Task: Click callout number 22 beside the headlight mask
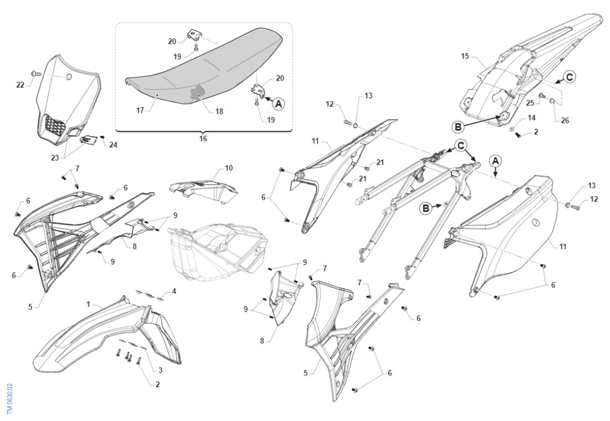(21, 84)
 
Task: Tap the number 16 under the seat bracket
(203, 138)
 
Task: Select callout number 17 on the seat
(140, 111)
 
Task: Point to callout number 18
(219, 112)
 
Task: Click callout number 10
(228, 167)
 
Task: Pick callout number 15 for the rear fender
(465, 56)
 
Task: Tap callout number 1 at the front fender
(88, 304)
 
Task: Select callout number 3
(160, 370)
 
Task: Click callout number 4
(174, 290)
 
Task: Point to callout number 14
(531, 118)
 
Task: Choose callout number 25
(531, 103)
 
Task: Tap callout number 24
(113, 145)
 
